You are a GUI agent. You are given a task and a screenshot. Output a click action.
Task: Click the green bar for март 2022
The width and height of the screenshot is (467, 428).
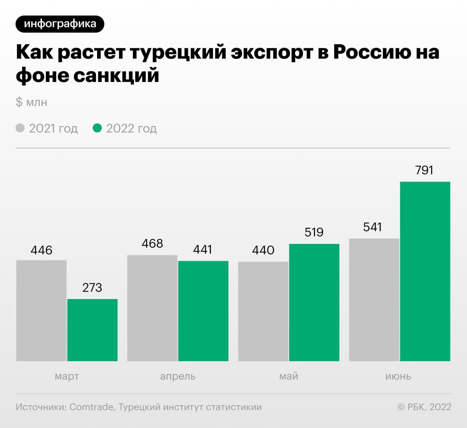[x=92, y=330]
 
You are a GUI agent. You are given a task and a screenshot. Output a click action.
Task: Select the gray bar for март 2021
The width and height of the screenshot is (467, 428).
[x=41, y=310]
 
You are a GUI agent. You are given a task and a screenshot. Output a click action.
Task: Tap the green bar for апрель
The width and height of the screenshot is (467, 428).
[x=203, y=311]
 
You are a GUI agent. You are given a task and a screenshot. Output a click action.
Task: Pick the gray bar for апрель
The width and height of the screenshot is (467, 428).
[x=152, y=308]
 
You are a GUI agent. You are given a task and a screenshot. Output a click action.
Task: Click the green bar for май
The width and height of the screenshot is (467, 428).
[x=314, y=302]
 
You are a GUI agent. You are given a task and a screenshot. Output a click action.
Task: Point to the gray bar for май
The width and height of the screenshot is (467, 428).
[x=263, y=311]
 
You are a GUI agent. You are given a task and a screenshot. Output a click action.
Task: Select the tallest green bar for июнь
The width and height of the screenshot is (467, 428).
[x=425, y=271]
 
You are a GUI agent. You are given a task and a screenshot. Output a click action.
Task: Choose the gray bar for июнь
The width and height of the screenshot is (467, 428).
[x=374, y=299]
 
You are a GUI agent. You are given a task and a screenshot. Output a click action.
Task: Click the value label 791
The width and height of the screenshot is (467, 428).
[x=424, y=170]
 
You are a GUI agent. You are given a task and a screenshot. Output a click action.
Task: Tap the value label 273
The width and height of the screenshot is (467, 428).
[x=92, y=287]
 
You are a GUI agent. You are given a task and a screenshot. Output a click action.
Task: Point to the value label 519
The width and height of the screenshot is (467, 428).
[x=314, y=232]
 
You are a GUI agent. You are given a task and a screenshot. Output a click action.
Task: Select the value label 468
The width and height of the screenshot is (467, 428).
[x=152, y=243]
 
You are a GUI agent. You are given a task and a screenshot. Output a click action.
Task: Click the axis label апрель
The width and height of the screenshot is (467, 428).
[x=178, y=376]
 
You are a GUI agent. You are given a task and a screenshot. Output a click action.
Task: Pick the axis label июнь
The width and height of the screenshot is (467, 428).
[x=398, y=376]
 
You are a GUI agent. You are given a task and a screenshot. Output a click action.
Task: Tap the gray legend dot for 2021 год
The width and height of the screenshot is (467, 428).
[x=20, y=128]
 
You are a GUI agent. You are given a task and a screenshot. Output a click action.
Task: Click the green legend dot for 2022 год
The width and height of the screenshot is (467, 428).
[x=97, y=128]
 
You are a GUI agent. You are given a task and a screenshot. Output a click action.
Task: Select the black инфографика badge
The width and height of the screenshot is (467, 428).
[x=60, y=24]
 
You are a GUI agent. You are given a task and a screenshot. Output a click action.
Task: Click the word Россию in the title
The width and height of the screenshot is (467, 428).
[x=372, y=52]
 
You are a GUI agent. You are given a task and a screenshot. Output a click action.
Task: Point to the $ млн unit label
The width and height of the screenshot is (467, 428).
[x=31, y=102]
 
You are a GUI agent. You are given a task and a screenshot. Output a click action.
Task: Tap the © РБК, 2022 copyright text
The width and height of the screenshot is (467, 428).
[x=424, y=407]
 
